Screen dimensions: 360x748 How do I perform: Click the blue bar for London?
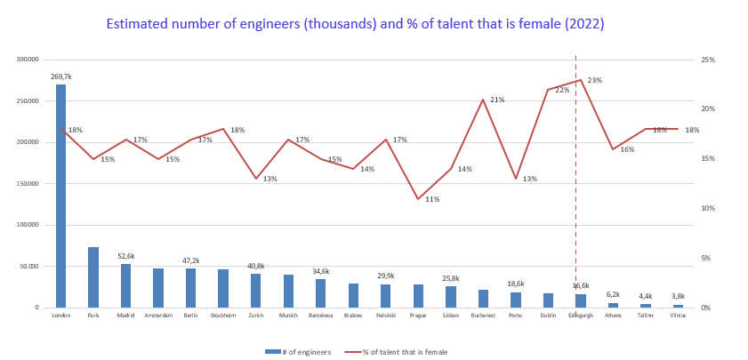tap(61, 196)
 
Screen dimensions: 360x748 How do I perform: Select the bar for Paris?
tap(93, 277)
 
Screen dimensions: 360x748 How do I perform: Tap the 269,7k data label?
tap(61, 77)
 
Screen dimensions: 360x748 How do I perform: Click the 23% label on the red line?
tap(594, 80)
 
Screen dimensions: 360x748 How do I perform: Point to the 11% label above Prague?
tap(432, 199)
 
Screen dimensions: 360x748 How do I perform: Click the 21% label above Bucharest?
tap(497, 100)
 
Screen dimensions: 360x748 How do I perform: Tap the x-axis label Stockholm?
tap(222, 315)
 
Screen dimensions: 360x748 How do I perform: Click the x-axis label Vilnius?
tap(678, 315)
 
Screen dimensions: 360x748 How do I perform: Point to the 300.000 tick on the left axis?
tap(28, 60)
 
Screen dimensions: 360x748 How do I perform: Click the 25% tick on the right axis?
tap(708, 60)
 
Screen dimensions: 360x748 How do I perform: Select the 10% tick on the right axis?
tap(708, 208)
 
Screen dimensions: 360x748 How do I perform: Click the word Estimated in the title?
tap(137, 24)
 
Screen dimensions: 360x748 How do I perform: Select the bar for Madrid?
tap(125, 285)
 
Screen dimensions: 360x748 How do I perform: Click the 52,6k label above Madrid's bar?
tap(125, 256)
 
